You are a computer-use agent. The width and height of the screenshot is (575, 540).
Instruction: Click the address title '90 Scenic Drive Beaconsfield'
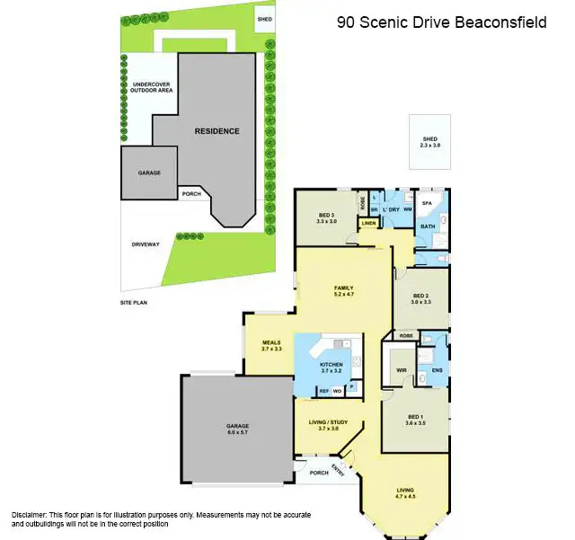pyautogui.click(x=441, y=22)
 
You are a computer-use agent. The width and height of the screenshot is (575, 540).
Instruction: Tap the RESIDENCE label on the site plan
pyautogui.click(x=217, y=131)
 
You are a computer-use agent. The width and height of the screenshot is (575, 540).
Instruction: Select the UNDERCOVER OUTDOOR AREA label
pyautogui.click(x=152, y=87)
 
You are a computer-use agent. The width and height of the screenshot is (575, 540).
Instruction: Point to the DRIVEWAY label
pyautogui.click(x=146, y=243)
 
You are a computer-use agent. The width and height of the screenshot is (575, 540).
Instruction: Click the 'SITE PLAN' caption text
pyautogui.click(x=134, y=303)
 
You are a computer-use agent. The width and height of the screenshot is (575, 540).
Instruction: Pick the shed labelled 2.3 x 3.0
pyautogui.click(x=430, y=142)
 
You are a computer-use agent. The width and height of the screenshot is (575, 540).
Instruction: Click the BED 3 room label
pyautogui.click(x=326, y=217)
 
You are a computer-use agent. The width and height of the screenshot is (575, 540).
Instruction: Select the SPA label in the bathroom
pyautogui.click(x=428, y=205)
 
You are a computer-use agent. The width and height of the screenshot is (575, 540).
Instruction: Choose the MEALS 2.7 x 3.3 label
pyautogui.click(x=271, y=345)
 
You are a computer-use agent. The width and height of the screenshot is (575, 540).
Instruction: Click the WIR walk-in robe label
pyautogui.click(x=402, y=369)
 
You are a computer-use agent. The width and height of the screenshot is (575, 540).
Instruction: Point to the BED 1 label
pyautogui.click(x=415, y=420)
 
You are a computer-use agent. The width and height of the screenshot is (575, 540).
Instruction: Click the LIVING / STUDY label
pyautogui.click(x=328, y=425)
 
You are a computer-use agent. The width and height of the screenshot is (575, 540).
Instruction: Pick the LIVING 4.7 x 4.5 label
pyautogui.click(x=406, y=491)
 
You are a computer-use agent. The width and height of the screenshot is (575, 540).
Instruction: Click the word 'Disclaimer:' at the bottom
pyautogui.click(x=29, y=514)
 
